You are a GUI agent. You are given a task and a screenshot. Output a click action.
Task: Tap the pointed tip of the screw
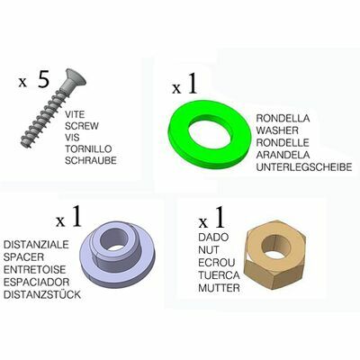23,143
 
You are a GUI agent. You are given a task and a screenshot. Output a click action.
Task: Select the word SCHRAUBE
91,160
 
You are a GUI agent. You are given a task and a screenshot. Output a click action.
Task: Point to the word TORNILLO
88,148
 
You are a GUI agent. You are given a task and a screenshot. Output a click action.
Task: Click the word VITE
75,114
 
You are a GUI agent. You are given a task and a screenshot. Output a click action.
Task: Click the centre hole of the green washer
210,134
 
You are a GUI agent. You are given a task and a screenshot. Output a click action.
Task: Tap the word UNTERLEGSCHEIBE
303,167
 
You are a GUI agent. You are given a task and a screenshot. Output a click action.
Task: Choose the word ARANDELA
283,155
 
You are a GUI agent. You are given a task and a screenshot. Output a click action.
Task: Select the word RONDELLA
283,118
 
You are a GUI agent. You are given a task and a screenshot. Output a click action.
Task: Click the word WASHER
277,130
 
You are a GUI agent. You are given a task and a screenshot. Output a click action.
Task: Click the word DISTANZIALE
36,245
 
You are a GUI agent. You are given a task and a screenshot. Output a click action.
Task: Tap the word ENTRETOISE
34,269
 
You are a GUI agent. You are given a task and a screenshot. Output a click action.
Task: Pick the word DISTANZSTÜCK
42,294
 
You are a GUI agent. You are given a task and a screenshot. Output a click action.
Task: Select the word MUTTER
219,288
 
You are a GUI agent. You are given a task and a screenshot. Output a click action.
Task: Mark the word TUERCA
219,275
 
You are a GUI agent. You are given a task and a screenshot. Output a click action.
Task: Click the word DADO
213,238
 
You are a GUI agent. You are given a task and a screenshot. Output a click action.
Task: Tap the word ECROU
217,263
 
